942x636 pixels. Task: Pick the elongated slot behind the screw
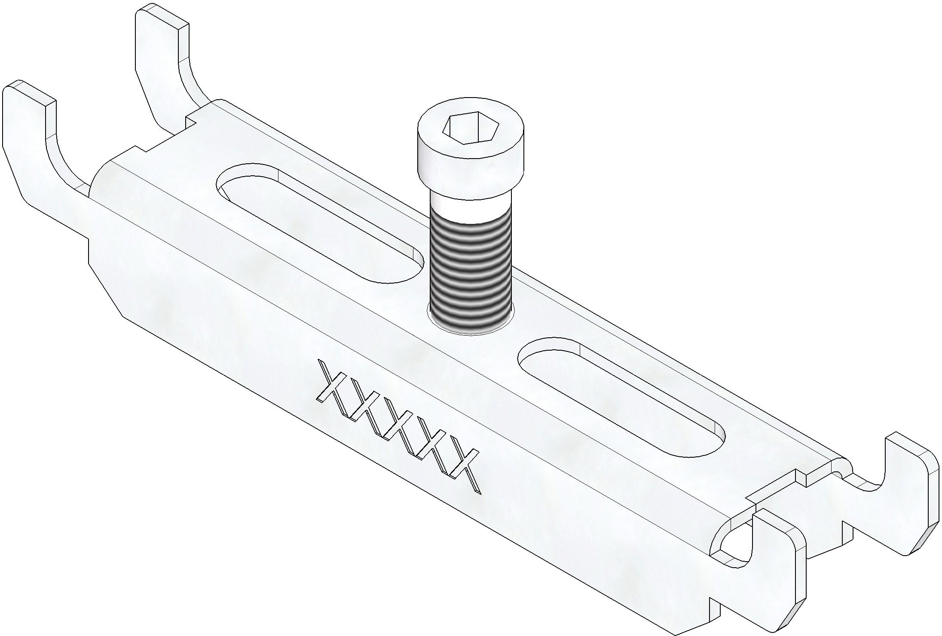click(x=318, y=223)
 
